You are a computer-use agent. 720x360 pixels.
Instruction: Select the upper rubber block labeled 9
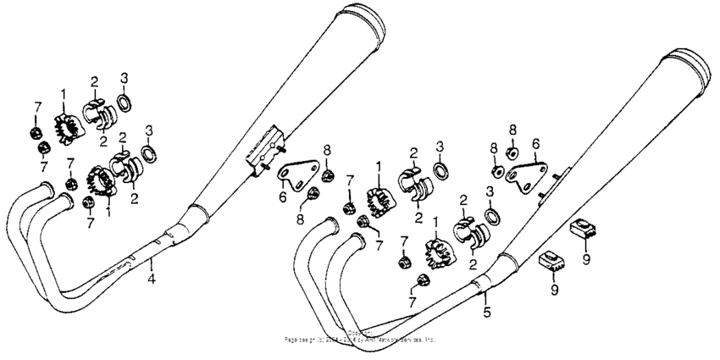[x=584, y=227]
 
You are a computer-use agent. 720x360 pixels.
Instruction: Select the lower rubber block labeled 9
[x=551, y=260]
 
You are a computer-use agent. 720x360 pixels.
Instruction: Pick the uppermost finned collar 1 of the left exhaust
[x=64, y=128]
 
